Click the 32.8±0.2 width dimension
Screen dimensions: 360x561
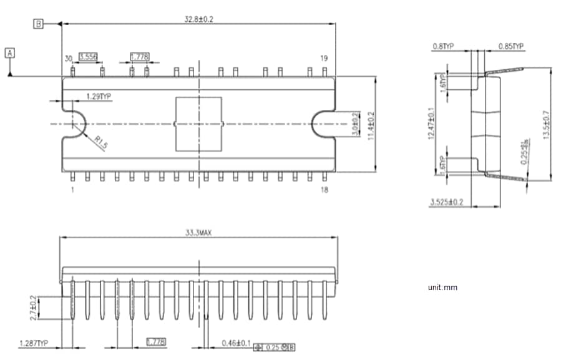coord(198,19)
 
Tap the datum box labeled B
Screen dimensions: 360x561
coord(39,24)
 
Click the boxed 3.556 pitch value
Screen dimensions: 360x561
coord(88,57)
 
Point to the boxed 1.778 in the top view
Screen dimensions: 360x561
coord(139,57)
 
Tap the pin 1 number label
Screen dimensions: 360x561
coord(72,190)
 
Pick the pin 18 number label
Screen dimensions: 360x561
coord(324,190)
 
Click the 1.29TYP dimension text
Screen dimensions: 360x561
coord(98,97)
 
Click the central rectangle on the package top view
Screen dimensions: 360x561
coord(198,124)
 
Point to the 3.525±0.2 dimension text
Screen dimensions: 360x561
coord(447,202)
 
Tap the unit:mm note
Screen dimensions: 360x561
coord(442,288)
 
